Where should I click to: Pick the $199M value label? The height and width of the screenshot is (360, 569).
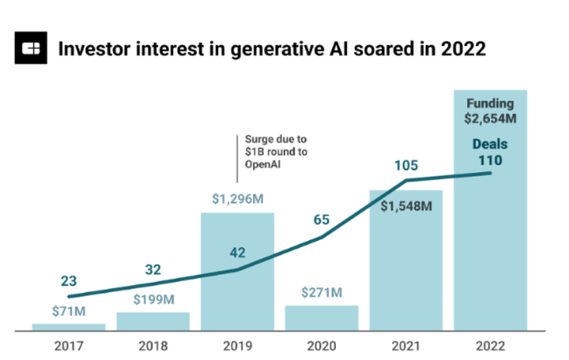point(153,301)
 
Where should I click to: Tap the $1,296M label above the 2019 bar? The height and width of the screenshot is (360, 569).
point(237,199)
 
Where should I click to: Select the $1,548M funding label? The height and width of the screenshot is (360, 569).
point(406,206)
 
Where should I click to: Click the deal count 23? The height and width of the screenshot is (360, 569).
point(68,282)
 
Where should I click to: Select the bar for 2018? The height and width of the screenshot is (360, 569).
point(153,321)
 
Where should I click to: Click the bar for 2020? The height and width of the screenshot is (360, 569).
point(322,318)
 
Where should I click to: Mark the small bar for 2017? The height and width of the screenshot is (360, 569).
point(68,326)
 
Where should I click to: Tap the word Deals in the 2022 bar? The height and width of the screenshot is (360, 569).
point(490,144)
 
